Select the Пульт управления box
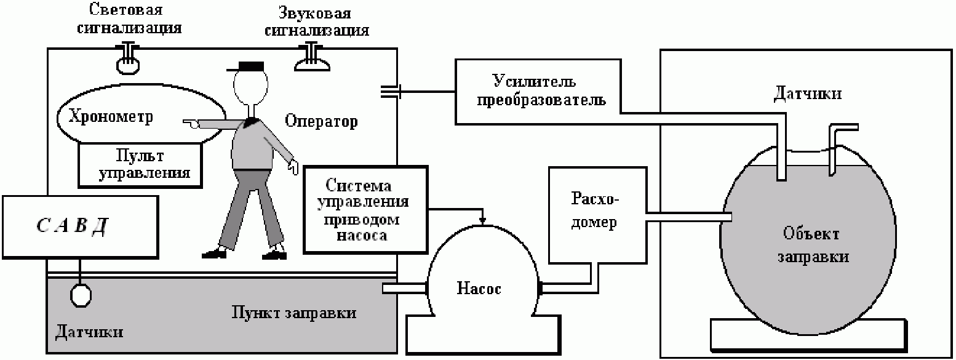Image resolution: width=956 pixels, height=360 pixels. tap(140, 162)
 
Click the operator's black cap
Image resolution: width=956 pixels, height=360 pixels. tap(250, 65)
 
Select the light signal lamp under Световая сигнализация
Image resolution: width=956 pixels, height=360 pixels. tap(128, 62)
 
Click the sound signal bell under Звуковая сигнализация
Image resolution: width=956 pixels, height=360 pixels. tap(314, 60)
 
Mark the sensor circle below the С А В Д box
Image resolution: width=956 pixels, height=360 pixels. tap(81, 295)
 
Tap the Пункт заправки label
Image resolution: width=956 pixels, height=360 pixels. tap(293, 313)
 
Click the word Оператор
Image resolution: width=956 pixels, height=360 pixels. tap(321, 121)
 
